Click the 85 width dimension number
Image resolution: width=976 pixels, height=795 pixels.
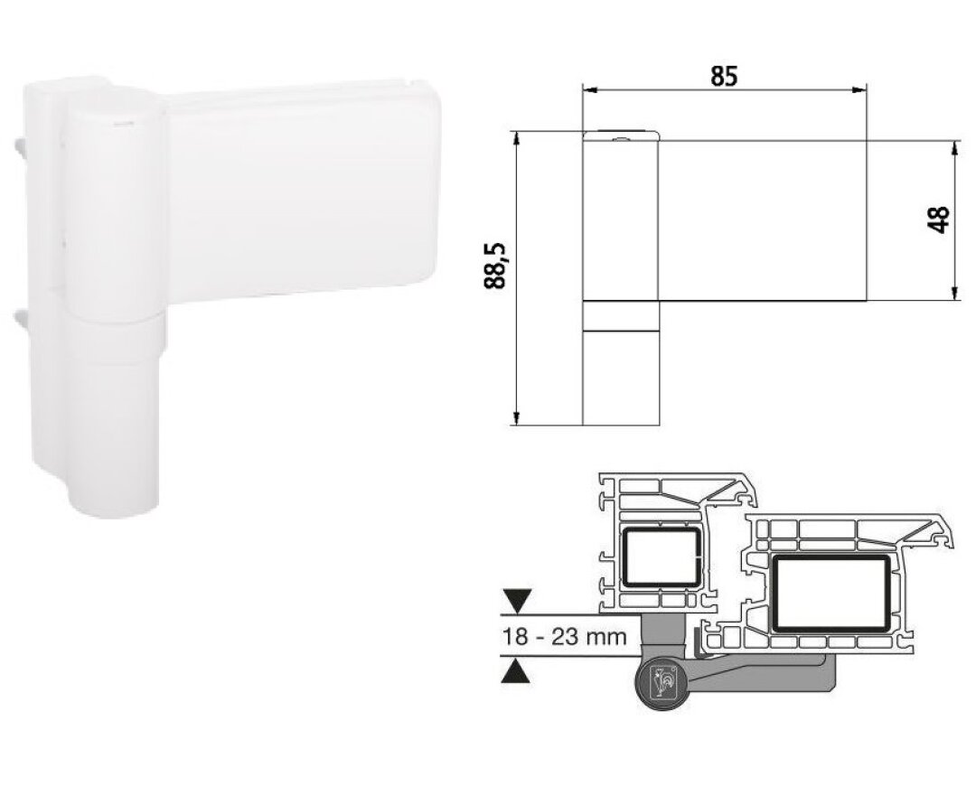click(724, 77)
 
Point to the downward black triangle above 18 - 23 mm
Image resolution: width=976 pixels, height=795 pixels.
click(516, 599)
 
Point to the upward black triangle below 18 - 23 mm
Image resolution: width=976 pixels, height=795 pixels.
click(516, 671)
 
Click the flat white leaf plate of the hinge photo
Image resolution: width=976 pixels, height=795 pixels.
click(298, 194)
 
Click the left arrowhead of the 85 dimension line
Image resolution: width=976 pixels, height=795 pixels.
click(587, 89)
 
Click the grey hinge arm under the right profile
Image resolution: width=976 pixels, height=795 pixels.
click(768, 673)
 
